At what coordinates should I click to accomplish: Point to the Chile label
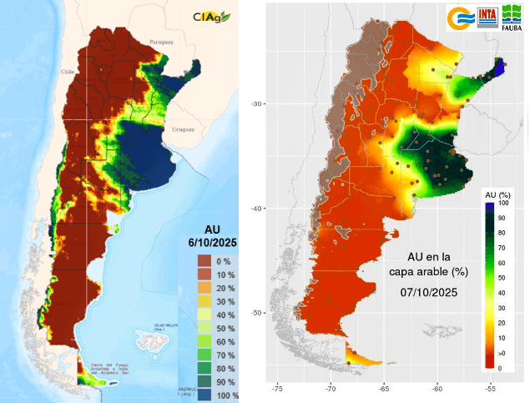click(68, 72)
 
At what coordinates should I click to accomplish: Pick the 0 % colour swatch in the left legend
click(204, 261)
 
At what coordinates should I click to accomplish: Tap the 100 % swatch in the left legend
click(204, 395)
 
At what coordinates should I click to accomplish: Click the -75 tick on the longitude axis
click(278, 388)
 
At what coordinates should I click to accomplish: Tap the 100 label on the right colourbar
click(503, 203)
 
